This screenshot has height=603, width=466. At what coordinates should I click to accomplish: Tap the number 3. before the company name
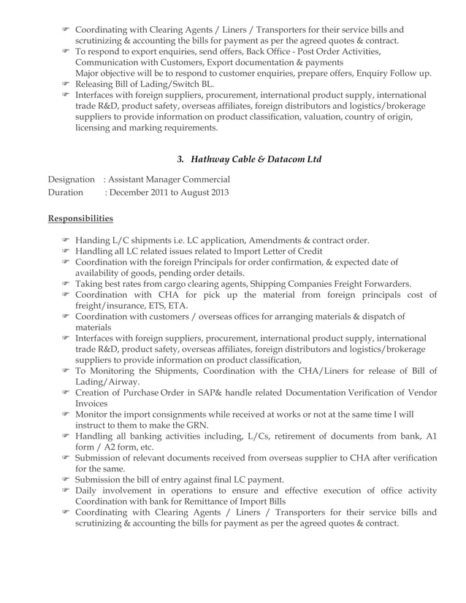click(x=181, y=159)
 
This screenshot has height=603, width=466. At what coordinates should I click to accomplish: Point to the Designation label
click(x=71, y=180)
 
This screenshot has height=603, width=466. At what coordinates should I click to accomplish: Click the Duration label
click(x=65, y=193)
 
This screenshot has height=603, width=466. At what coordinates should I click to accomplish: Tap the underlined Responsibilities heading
click(x=80, y=218)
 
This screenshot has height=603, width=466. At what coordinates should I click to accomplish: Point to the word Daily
click(x=87, y=491)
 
